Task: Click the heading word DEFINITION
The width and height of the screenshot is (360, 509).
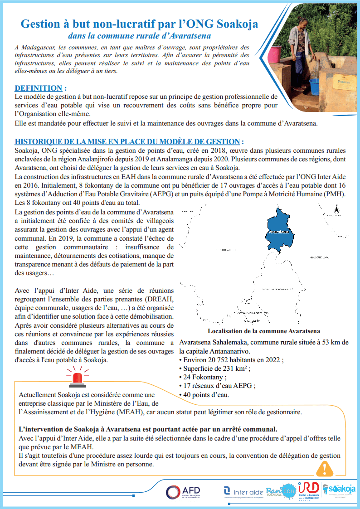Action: point(39,88)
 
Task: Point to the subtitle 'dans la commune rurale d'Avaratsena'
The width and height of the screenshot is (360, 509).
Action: point(139,35)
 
